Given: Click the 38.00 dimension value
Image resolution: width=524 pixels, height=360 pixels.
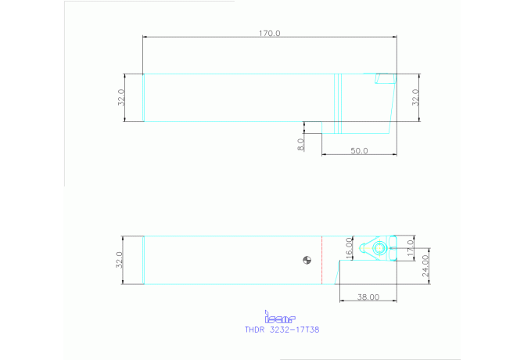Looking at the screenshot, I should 368,297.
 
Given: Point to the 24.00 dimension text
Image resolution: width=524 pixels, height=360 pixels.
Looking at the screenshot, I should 425,265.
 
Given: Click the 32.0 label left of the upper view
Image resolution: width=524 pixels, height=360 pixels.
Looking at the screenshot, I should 121,97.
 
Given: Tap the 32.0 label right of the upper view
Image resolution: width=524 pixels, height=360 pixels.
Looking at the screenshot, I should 416,97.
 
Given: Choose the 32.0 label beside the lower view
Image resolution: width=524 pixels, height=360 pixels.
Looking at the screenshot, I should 120,260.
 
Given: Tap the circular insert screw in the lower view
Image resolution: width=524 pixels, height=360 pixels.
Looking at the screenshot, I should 379,249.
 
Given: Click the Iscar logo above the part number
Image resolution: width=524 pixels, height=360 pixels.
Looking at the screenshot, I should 281,318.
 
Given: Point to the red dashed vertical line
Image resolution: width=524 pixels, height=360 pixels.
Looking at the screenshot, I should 322,261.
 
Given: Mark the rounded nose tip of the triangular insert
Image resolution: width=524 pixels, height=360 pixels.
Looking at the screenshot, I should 361,249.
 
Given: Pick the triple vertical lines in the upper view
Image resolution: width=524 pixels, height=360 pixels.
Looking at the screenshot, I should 339,103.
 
